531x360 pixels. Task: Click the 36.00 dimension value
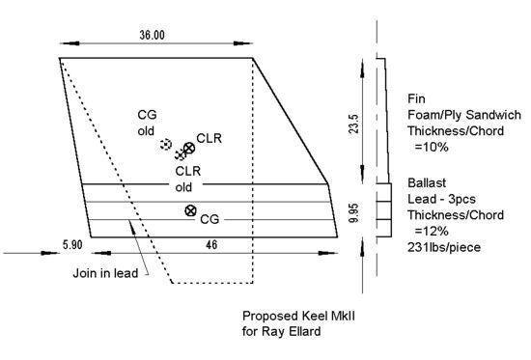pos(152,35)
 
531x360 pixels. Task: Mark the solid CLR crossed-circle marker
pos(189,147)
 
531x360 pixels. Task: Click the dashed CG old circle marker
pos(165,145)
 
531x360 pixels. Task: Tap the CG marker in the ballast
pos(190,210)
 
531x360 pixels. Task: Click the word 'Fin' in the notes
pos(418,98)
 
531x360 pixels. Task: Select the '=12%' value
pos(431,231)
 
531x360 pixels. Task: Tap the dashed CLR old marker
pos(180,154)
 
